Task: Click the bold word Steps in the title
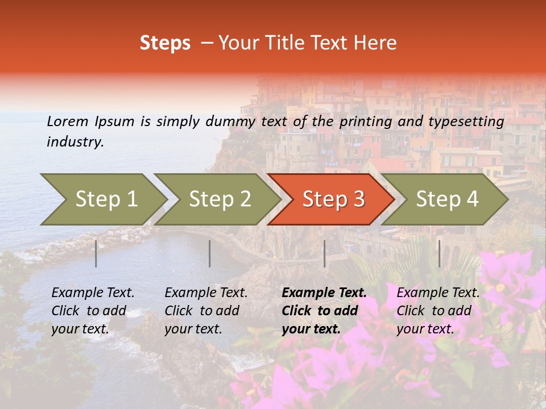(165, 43)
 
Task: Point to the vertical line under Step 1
(96, 253)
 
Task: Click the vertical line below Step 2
(210, 253)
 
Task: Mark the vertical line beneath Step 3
(325, 253)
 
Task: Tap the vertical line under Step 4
(439, 253)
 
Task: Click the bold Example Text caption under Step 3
(324, 311)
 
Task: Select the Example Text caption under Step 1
(93, 311)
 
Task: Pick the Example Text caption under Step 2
(206, 311)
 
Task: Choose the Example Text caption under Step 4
(438, 311)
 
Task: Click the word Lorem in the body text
(68, 121)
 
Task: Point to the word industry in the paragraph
(75, 142)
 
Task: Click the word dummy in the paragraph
(230, 122)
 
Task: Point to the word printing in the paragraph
(364, 122)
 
